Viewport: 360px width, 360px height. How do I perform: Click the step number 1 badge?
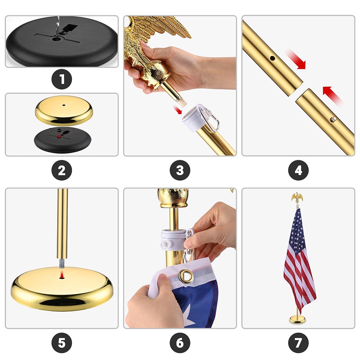pyautogui.click(x=62, y=79)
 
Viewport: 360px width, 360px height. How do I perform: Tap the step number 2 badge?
pyautogui.click(x=62, y=170)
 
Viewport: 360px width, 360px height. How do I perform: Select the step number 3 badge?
pyautogui.click(x=180, y=170)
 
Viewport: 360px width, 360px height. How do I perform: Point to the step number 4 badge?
pyautogui.click(x=298, y=170)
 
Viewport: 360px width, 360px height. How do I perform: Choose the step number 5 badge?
pyautogui.click(x=62, y=343)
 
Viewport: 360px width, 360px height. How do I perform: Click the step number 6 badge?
pyautogui.click(x=180, y=343)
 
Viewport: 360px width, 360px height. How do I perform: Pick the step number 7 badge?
pyautogui.click(x=298, y=343)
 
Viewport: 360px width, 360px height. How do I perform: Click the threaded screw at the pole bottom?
pyautogui.click(x=62, y=264)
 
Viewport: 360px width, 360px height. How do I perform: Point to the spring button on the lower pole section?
pyautogui.click(x=333, y=119)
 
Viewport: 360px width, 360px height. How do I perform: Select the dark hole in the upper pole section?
pyautogui.click(x=273, y=58)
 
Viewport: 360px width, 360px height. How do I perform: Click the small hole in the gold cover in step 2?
pyautogui.click(x=64, y=105)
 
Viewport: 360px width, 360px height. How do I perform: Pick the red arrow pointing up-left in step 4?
pyautogui.click(x=332, y=95)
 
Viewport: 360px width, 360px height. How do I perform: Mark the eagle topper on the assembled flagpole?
pyautogui.click(x=297, y=197)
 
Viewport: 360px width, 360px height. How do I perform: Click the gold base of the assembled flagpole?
pyautogui.click(x=298, y=319)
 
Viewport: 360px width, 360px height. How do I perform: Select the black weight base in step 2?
pyautogui.click(x=62, y=140)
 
